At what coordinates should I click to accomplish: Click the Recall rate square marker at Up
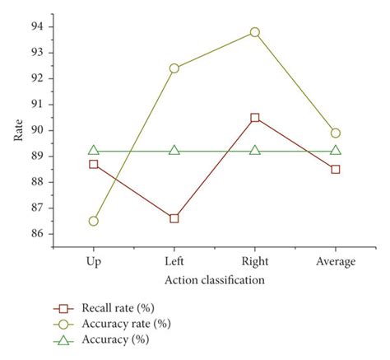93,164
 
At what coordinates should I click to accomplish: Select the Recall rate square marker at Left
174,218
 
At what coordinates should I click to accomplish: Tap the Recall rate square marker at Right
255,118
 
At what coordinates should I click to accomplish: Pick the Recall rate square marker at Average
336,169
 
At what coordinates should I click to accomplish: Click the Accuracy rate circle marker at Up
93,221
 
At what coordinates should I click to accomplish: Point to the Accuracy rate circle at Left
174,68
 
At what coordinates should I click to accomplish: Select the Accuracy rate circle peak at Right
255,32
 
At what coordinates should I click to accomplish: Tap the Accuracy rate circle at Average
336,133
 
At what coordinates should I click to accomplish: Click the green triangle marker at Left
174,150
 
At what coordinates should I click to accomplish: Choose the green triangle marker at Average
336,150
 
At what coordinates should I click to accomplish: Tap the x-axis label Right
255,262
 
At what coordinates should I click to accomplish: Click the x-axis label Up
93,262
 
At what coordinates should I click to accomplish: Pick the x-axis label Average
336,262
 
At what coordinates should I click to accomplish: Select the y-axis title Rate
18,130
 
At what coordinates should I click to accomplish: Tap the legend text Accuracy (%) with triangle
111,339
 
